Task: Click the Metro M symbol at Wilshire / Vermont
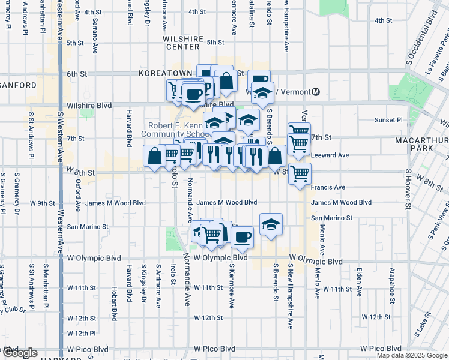(x=316, y=92)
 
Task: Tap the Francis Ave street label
(x=328, y=187)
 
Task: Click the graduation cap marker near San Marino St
(x=271, y=224)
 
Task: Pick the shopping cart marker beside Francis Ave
(x=300, y=173)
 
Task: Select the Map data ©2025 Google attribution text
(x=411, y=355)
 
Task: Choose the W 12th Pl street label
(x=81, y=333)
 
